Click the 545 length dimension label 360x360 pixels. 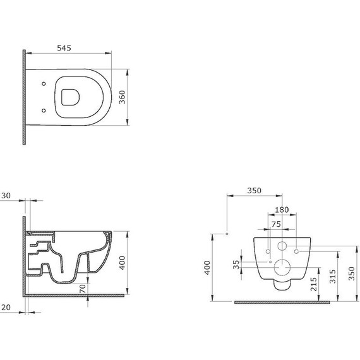[64, 48]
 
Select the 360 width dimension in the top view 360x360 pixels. [122, 97]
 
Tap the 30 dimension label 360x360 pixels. [6, 196]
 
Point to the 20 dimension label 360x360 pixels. [6, 308]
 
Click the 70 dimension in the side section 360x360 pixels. [83, 289]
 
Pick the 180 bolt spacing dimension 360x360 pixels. [282, 210]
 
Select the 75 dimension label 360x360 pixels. [276, 224]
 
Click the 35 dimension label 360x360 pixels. [236, 265]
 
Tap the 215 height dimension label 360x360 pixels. [314, 284]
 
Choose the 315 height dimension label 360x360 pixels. [333, 276]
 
